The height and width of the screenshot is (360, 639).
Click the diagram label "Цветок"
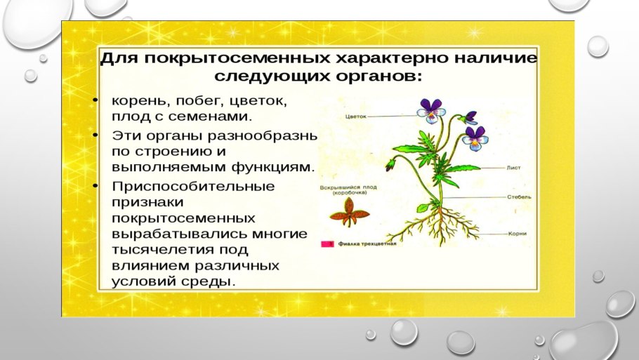pos(357,118)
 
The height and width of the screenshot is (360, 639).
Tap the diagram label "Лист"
pos(513,168)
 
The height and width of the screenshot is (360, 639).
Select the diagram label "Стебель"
pos(519,197)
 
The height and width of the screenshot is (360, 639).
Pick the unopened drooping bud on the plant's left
pos(391,165)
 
